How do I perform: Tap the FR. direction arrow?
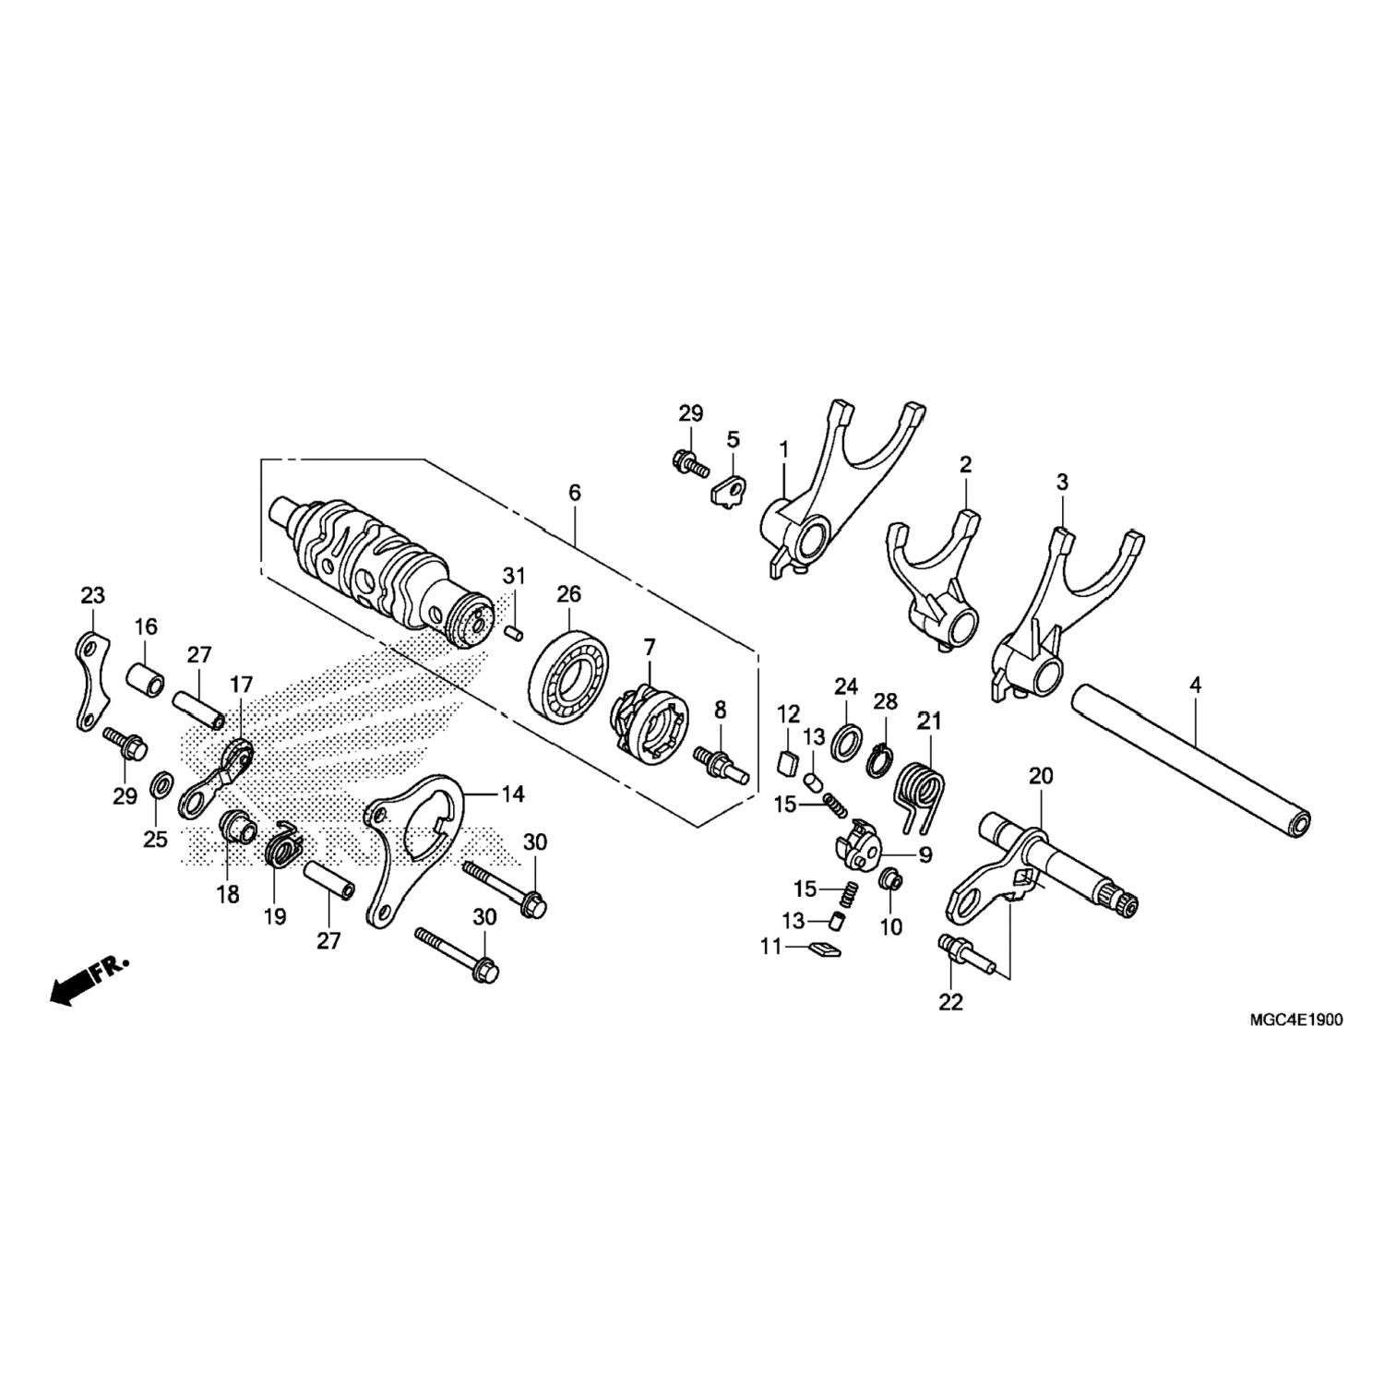coord(88,982)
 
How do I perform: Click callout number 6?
coord(575,494)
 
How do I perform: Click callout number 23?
coord(93,596)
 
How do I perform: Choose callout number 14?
coord(512,793)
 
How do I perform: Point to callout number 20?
coord(1041,777)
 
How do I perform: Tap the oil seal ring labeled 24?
coord(848,743)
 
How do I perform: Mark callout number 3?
coord(1062,482)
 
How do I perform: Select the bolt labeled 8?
coord(720,765)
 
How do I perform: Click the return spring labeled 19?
coord(282,844)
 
